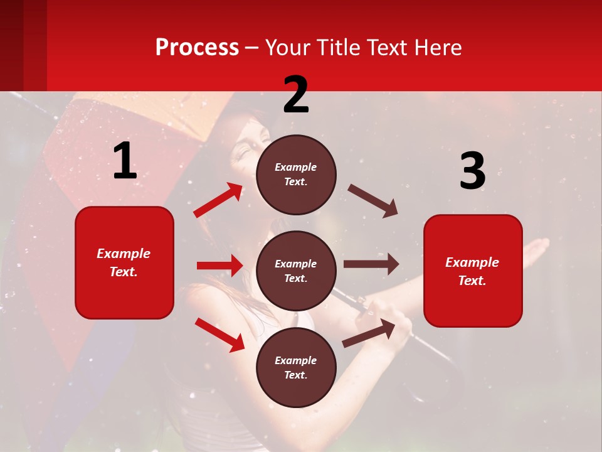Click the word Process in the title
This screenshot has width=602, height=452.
pyautogui.click(x=197, y=48)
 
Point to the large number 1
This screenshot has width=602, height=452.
pyautogui.click(x=125, y=161)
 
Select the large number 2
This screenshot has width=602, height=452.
pyautogui.click(x=296, y=95)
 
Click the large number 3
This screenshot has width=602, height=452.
pyautogui.click(x=472, y=171)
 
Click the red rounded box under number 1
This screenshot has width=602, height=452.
pyautogui.click(x=124, y=262)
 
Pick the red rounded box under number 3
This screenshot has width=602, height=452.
pyautogui.click(x=473, y=271)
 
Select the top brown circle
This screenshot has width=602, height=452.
pyautogui.click(x=296, y=175)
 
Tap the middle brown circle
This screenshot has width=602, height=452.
pyautogui.click(x=296, y=271)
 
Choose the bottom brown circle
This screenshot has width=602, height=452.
pyautogui.click(x=296, y=368)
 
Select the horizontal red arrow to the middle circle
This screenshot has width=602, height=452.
pyautogui.click(x=219, y=266)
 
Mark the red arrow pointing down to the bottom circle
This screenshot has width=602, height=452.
pyautogui.click(x=219, y=335)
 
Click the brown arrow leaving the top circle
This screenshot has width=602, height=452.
pyautogui.click(x=373, y=200)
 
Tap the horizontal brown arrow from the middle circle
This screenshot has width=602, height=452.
pyautogui.click(x=371, y=264)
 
